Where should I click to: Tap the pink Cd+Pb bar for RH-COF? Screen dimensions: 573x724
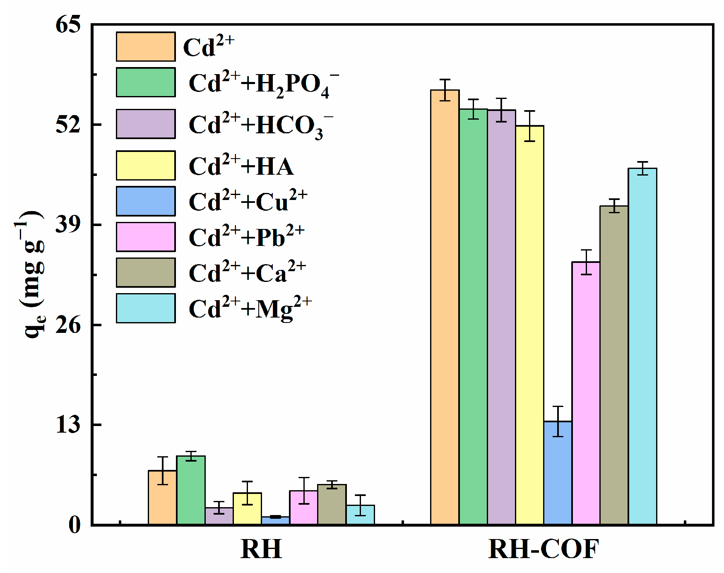[586, 393]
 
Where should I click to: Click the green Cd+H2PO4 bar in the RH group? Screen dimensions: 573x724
[191, 490]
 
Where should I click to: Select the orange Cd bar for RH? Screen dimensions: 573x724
[163, 497]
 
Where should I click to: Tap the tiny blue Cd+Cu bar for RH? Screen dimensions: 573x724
[275, 520]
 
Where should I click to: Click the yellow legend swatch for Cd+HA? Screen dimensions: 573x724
[146, 166]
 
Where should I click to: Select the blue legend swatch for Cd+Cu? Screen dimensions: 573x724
[146, 201]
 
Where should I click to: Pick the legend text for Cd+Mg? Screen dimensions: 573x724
[250, 308]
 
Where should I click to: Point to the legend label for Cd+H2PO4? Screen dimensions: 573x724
[263, 84]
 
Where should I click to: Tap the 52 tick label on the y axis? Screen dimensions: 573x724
[68, 124]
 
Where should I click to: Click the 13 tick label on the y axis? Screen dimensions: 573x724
[68, 425]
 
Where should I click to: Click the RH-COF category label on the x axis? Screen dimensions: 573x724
[544, 549]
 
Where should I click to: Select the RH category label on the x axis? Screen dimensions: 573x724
[261, 549]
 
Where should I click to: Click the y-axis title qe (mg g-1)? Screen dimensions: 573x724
[31, 273]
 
